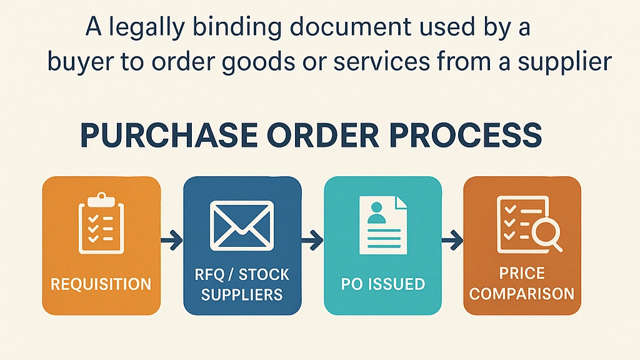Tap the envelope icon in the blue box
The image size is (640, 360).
(x=242, y=224)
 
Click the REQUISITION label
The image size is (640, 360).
(x=101, y=284)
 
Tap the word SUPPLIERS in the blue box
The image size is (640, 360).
(x=242, y=293)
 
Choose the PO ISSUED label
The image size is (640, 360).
(x=383, y=284)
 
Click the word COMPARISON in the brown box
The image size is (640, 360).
(x=522, y=293)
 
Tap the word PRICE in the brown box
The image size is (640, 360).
(x=522, y=273)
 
